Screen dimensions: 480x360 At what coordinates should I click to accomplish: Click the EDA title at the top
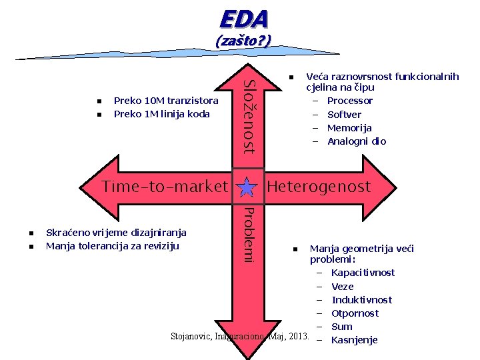coord(243,18)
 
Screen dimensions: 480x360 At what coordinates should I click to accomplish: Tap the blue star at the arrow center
coord(247,187)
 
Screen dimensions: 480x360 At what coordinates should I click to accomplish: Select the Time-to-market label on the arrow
coord(165,187)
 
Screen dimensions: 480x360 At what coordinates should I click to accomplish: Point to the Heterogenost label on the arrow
coord(318,187)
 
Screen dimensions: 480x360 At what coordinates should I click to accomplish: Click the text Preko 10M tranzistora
coord(166,101)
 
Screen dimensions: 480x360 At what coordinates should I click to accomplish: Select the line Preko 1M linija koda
coord(162,114)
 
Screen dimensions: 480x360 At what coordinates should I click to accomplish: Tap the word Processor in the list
coord(350,101)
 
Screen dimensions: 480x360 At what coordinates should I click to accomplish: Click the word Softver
coord(345,114)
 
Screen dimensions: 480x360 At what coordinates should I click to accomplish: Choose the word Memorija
coord(349,127)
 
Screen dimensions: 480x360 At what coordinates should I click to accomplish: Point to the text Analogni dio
coord(357,141)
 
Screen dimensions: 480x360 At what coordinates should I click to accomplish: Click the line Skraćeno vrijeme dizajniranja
coord(116,232)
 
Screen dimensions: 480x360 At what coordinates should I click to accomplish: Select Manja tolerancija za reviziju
coord(112,245)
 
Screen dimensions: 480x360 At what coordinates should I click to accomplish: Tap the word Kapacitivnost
coord(363,272)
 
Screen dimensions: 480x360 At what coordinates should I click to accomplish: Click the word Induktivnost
coord(361,299)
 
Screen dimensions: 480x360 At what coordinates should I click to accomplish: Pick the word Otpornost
coord(355,313)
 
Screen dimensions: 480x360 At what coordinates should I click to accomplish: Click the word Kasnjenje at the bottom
coord(354,340)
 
